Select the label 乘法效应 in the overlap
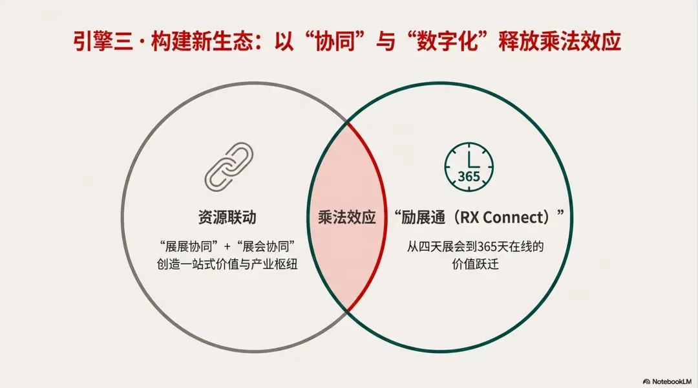point(347,217)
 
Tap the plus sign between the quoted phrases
point(227,246)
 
